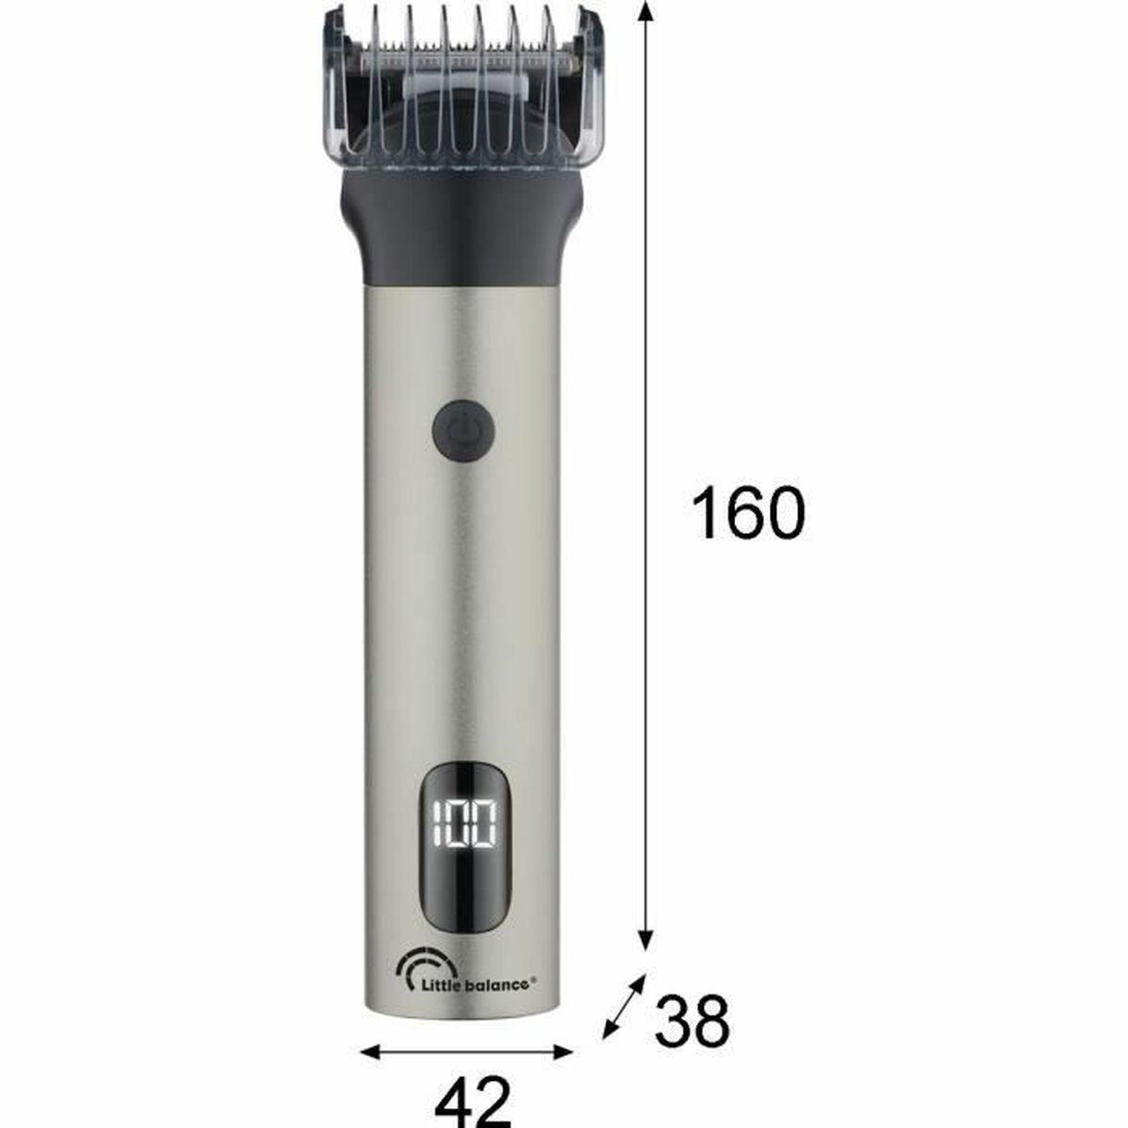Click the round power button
(x=463, y=431)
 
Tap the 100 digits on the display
(x=463, y=827)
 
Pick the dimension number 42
(x=472, y=1100)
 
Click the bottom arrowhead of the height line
(x=645, y=940)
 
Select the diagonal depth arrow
(x=624, y=1006)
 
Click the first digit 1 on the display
(x=435, y=827)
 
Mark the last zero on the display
(x=484, y=827)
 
